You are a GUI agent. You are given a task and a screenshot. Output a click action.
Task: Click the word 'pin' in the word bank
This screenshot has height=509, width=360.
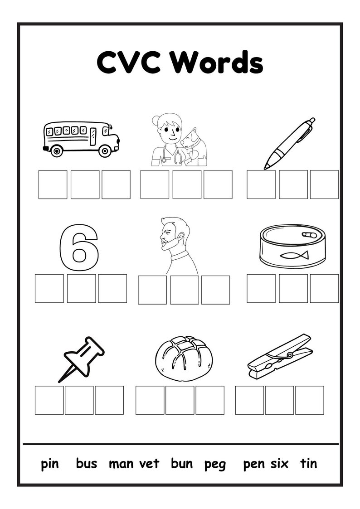[x=50, y=464]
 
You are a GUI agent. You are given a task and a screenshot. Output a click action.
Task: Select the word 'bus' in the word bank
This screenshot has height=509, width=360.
[x=86, y=464]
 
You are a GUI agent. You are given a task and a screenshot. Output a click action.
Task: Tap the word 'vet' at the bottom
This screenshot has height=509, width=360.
[x=149, y=464]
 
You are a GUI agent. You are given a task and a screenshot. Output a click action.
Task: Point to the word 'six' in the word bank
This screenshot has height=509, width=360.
[x=280, y=464]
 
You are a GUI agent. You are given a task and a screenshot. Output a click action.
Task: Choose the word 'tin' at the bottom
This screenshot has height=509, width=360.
[x=308, y=464]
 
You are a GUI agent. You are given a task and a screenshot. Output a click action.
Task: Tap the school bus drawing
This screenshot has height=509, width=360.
[x=81, y=138]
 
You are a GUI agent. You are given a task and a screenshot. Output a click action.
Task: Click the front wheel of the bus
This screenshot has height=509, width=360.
[x=105, y=151]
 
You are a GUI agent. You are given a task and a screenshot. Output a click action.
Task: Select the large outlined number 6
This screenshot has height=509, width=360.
[x=79, y=244]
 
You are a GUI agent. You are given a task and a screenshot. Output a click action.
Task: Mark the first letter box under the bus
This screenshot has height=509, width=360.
[x=53, y=184]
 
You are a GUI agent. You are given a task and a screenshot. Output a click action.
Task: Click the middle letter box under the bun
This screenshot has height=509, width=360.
[x=180, y=400]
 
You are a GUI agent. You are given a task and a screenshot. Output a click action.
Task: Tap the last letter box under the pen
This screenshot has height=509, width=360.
[x=324, y=184]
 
